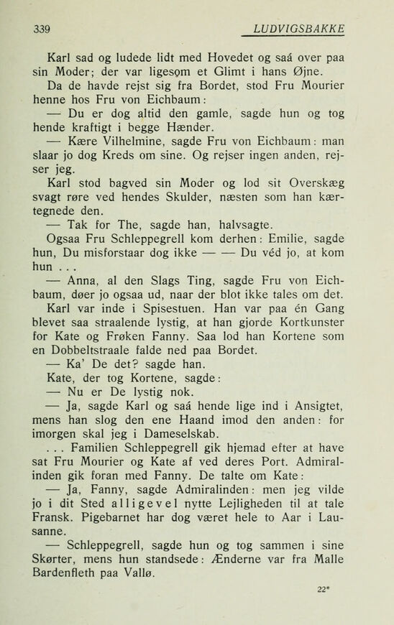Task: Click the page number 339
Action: pyautogui.click(x=42, y=29)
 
